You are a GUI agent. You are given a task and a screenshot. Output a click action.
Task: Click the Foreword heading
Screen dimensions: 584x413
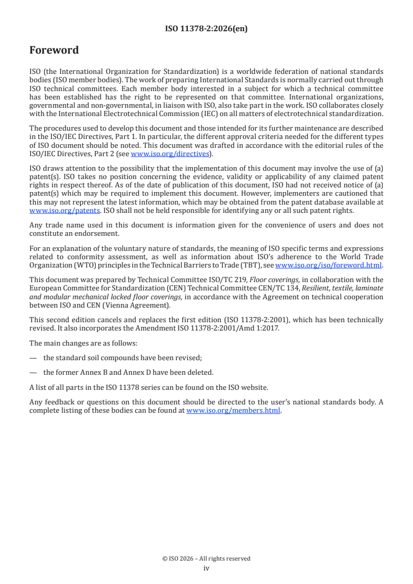[54, 50]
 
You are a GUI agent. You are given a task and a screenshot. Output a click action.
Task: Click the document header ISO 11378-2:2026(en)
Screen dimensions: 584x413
[206, 29]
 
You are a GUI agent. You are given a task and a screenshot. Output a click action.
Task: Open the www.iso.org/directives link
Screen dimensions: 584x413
[171, 154]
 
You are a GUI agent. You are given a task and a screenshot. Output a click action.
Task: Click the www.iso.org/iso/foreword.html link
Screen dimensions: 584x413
[328, 265]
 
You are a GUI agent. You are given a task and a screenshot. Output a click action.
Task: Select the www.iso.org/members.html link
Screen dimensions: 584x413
[233, 410]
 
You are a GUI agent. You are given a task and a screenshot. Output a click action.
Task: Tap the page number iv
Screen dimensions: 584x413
[206, 568]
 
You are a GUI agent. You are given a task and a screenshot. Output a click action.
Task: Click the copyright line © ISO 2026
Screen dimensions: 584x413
[206, 558]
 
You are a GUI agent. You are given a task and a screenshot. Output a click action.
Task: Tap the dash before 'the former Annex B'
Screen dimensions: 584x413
[33, 372]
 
